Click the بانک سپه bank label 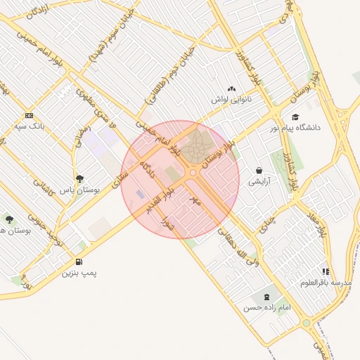click(30, 127)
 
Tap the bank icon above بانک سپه click(29, 115)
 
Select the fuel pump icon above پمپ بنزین click(77, 262)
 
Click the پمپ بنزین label click(78, 273)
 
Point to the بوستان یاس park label click(79, 190)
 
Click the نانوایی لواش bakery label click(231, 100)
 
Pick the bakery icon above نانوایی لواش click(231, 89)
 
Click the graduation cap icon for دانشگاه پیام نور click(295, 117)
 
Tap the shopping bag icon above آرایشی click(259, 170)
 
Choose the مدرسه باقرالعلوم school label click(326, 282)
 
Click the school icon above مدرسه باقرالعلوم click(325, 271)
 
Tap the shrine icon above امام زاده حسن click(266, 296)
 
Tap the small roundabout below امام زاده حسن click(307, 323)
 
